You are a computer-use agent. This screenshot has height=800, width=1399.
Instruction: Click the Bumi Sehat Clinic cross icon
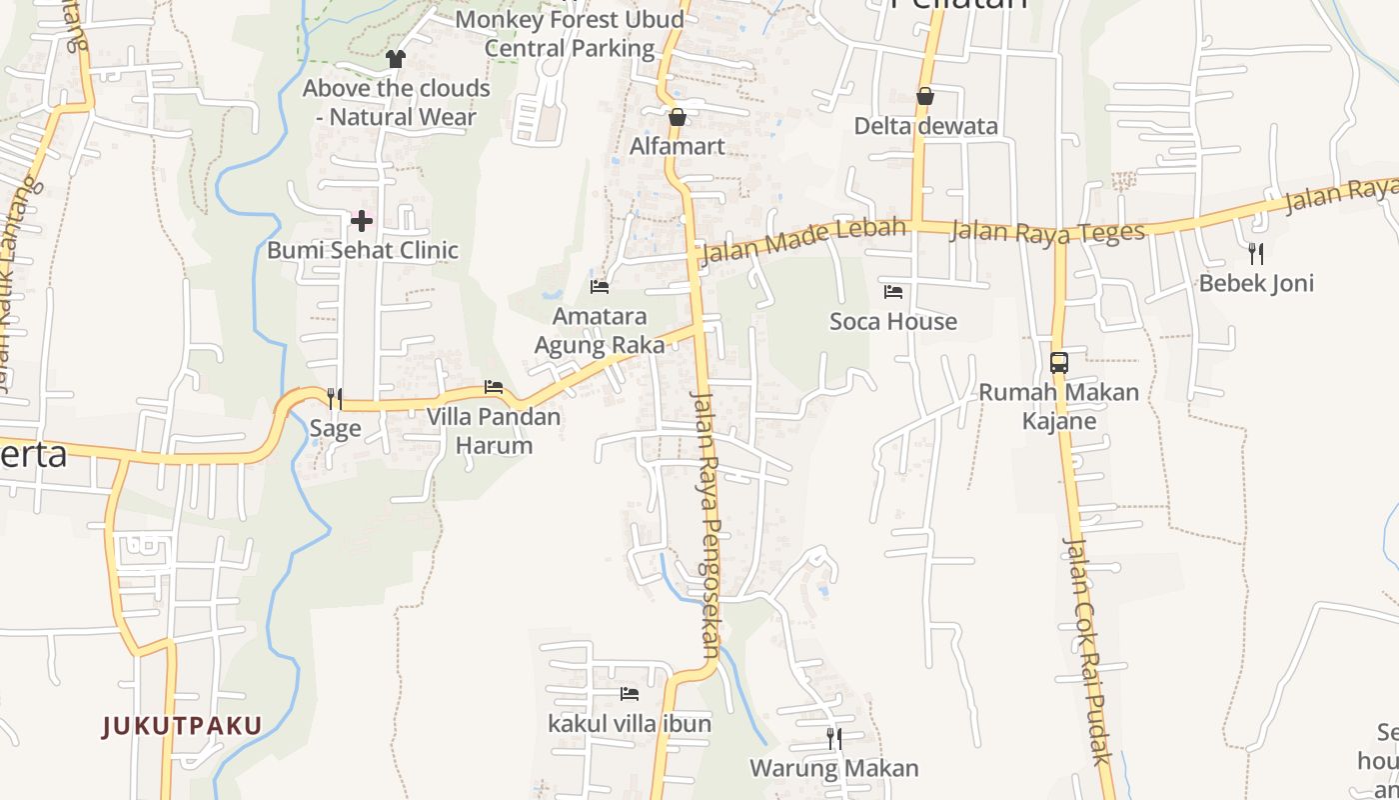(362, 220)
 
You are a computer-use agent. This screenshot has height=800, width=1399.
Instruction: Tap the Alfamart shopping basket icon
(678, 117)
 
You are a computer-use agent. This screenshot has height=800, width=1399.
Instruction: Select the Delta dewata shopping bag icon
(925, 96)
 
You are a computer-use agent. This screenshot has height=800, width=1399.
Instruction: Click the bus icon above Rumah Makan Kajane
(1059, 363)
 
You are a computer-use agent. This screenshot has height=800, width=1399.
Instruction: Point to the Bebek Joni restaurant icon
(1256, 254)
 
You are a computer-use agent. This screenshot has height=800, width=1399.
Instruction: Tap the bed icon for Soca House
(893, 292)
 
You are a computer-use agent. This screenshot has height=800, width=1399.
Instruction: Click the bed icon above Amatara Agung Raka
(600, 287)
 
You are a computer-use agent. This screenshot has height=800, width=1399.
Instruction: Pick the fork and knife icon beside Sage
(335, 399)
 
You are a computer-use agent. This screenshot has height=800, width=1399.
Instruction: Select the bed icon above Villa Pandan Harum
(494, 387)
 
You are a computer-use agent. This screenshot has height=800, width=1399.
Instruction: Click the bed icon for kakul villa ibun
(629, 693)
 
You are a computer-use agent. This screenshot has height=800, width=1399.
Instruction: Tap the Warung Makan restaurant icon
(833, 739)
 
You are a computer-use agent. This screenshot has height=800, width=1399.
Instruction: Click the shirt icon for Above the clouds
(396, 59)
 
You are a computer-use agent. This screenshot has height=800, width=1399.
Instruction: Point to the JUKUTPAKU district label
(182, 726)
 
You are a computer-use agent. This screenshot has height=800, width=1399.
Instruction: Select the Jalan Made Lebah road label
(802, 239)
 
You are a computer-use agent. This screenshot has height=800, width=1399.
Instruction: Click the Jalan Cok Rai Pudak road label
(1086, 650)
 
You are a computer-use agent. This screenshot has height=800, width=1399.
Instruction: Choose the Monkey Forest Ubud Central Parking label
(570, 33)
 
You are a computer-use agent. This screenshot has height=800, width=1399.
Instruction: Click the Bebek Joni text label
(1256, 283)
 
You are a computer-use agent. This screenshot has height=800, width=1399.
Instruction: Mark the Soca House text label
(893, 321)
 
